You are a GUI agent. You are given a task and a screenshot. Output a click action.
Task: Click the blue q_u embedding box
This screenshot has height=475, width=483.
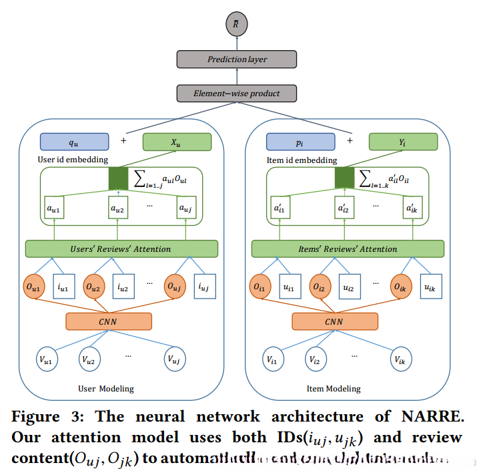[x=74, y=142]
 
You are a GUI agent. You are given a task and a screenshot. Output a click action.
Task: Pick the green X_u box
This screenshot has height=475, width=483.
[x=177, y=142]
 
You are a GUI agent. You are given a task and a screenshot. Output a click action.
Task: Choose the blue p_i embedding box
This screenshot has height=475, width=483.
[x=300, y=142]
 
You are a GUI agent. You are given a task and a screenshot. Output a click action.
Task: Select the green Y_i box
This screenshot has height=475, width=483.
[x=403, y=142]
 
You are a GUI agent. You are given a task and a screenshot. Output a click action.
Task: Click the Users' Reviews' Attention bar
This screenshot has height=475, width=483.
[x=121, y=249]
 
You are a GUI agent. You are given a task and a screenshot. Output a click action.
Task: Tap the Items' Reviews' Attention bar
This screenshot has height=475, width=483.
[x=346, y=249]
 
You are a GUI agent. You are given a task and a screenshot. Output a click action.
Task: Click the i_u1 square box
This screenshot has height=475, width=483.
[x=63, y=288]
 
